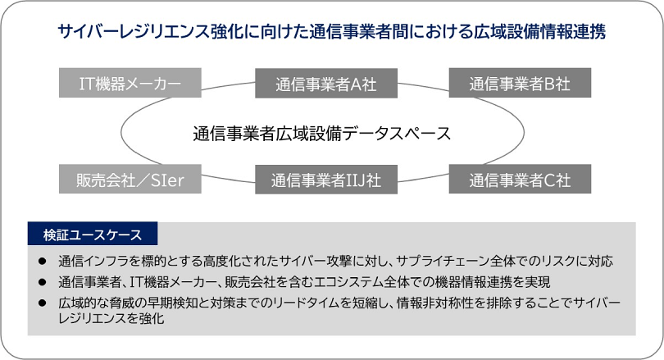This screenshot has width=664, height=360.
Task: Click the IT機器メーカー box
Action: pyautogui.click(x=130, y=83)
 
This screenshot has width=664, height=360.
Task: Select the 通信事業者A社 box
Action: pyautogui.click(x=325, y=83)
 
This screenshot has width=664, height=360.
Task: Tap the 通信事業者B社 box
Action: pyautogui.click(x=520, y=83)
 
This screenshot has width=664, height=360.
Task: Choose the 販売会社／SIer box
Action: pyautogui.click(x=130, y=179)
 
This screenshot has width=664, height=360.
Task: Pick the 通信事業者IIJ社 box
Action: pyautogui.click(x=325, y=179)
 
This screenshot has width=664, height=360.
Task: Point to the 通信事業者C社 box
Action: pyautogui.click(x=520, y=179)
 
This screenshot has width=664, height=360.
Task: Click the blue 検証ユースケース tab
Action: pyautogui.click(x=93, y=235)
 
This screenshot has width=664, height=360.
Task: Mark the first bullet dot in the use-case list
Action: pyautogui.click(x=43, y=262)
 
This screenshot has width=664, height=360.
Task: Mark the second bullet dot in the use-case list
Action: pyautogui.click(x=43, y=283)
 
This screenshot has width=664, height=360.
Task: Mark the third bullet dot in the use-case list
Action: pyautogui.click(x=43, y=303)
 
